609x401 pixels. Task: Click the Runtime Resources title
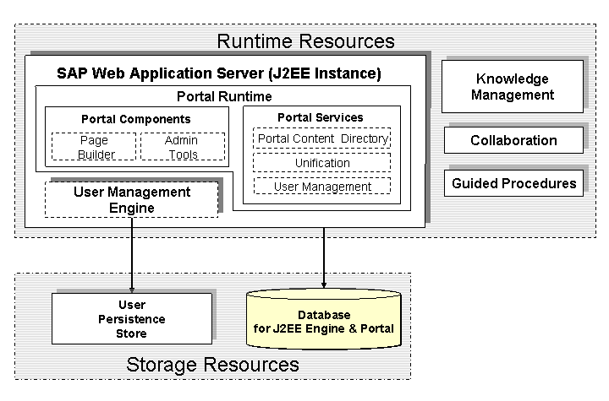305,41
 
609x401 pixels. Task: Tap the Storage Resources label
212,364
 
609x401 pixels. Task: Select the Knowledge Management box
513,86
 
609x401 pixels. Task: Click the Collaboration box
513,140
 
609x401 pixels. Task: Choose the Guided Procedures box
513,183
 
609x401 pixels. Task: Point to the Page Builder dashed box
94,147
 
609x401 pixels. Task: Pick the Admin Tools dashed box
183,147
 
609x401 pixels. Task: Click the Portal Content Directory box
321,138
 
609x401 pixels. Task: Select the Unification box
321,162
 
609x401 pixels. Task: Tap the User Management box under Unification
322,187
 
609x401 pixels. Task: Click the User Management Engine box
132,200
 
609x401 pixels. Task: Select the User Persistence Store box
132,318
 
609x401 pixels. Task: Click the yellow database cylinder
324,319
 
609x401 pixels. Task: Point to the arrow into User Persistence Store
132,255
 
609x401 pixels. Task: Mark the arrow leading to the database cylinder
324,257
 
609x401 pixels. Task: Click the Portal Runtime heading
224,96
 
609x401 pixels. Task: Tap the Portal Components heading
136,119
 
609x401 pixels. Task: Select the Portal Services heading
321,117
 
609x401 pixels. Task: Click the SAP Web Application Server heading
219,73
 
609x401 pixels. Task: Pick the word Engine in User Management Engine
132,208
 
